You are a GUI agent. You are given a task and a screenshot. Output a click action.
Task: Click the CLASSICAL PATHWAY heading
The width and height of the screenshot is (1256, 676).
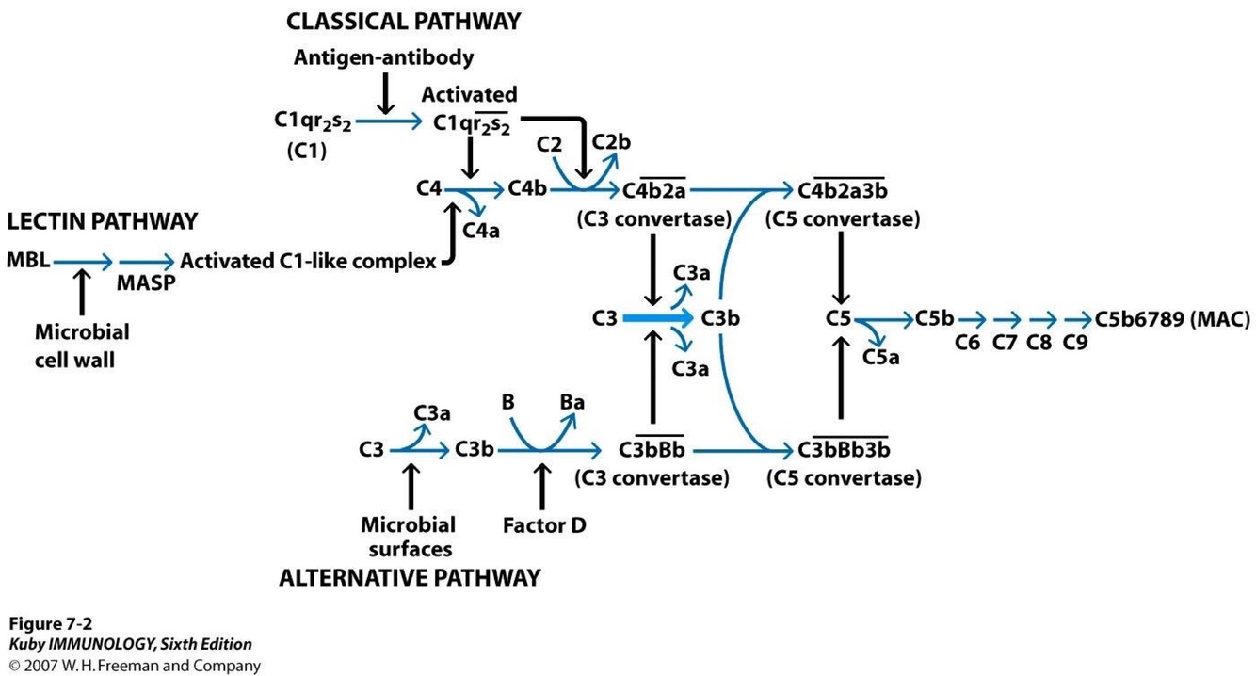403,22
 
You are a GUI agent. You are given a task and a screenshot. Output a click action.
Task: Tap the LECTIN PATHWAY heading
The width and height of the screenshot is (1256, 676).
102,221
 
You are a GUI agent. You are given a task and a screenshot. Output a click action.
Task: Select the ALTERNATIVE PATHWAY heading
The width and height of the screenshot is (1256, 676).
410,578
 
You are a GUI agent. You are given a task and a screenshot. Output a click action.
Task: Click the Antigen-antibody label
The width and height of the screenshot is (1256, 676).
383,57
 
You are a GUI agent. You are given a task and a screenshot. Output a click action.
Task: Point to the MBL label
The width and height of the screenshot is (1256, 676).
28,260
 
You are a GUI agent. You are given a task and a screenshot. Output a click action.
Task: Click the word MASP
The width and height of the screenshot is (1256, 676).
146,283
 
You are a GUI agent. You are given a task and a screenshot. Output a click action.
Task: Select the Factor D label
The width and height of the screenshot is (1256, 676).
544,525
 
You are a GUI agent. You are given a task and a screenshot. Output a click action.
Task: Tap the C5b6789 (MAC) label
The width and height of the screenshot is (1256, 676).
1172,319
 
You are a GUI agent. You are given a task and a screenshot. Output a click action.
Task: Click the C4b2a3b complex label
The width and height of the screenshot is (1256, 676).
842,189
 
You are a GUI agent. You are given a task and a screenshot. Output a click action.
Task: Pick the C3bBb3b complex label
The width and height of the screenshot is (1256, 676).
844,449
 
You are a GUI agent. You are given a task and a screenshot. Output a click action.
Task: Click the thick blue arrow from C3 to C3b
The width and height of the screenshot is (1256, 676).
658,318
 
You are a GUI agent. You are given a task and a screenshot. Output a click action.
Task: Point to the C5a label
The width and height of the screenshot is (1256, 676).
880,357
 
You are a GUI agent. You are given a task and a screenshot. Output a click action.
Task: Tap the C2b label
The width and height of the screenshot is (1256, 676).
611,142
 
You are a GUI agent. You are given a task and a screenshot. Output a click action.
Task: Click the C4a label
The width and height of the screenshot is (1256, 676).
480,231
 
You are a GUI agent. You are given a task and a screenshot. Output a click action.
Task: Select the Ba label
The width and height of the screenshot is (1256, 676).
572,402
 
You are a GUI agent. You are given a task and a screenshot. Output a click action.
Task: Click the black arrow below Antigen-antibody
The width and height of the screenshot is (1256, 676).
385,93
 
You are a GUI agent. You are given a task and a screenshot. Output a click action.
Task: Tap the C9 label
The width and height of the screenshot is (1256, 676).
1075,342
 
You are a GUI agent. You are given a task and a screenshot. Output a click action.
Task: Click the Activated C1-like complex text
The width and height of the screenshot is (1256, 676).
308,261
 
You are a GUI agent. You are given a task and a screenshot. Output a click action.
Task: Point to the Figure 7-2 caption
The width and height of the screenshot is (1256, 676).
51,624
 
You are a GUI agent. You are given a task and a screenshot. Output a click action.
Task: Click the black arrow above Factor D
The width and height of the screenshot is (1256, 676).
541,486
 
